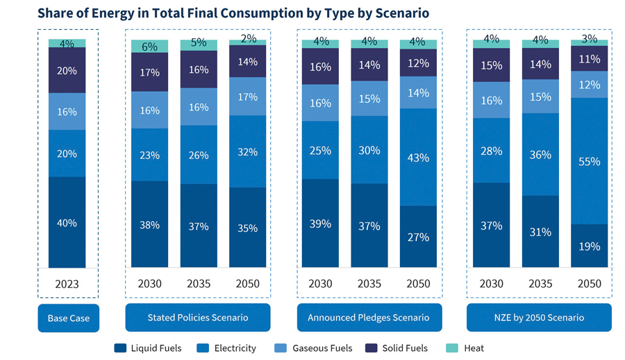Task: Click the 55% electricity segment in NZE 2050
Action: click(x=589, y=161)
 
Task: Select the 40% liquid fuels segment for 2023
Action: click(x=67, y=222)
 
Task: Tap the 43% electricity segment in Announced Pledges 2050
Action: click(x=418, y=157)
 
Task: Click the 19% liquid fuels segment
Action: click(x=589, y=245)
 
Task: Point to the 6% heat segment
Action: click(x=149, y=46)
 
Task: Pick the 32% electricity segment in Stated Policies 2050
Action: click(x=247, y=152)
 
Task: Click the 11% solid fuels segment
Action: click(x=589, y=59)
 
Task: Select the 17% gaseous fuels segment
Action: click(x=247, y=97)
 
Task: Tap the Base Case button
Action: click(x=68, y=318)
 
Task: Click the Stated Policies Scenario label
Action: click(x=198, y=318)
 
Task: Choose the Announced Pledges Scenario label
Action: click(x=369, y=318)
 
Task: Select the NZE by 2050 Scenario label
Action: click(x=539, y=318)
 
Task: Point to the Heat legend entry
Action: click(x=467, y=347)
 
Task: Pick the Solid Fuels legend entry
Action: click(x=397, y=347)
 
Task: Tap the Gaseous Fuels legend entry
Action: click(x=314, y=347)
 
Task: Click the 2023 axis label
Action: click(x=67, y=284)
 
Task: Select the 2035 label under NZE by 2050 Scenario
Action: click(x=540, y=284)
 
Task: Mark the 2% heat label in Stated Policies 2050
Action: click(x=248, y=39)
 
